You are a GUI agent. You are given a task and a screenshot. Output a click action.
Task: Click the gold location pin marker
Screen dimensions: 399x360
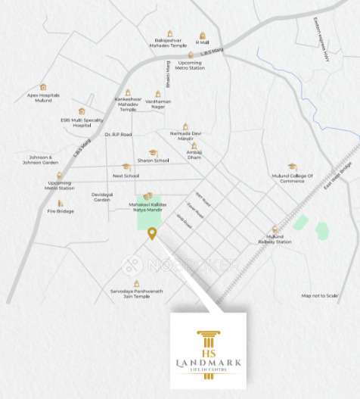point(152,233)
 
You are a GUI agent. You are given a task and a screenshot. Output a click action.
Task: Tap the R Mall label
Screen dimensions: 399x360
point(202,42)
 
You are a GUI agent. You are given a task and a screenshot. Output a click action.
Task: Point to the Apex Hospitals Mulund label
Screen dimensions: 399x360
point(43,98)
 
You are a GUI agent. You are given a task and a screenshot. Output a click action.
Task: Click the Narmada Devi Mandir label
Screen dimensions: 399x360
point(185,136)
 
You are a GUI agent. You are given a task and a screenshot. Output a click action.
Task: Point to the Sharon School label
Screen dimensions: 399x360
point(153,161)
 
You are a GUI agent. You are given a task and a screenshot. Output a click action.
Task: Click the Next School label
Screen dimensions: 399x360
point(126,175)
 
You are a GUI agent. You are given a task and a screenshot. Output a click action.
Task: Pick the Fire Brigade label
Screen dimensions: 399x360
point(61,210)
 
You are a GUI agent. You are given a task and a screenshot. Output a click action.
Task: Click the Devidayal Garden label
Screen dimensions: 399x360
point(101,197)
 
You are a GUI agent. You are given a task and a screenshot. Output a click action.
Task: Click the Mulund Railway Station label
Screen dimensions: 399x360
point(274,239)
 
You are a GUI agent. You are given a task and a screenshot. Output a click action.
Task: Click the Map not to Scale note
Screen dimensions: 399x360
point(319,295)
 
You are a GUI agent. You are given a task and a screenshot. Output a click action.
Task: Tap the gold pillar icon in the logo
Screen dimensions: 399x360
point(209,342)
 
